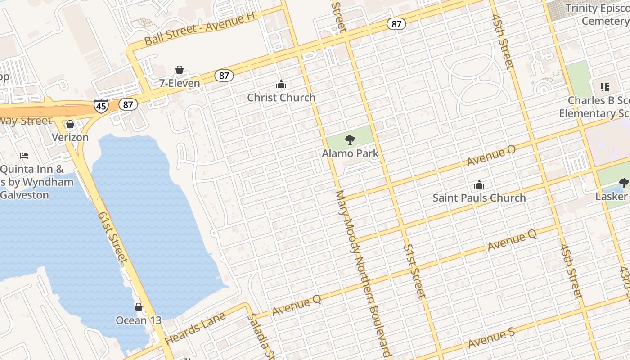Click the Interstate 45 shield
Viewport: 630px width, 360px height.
pyautogui.click(x=101, y=106)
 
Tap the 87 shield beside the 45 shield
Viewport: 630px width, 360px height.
pyautogui.click(x=128, y=105)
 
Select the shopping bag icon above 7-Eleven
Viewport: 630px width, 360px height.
pyautogui.click(x=180, y=70)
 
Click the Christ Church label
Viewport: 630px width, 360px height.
pyautogui.click(x=281, y=98)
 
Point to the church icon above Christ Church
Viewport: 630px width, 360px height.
pyautogui.click(x=281, y=84)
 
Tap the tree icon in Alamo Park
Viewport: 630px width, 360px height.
pyautogui.click(x=350, y=140)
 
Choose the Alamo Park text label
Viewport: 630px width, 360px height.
pyautogui.click(x=350, y=153)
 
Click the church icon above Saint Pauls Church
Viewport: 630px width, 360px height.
pyautogui.click(x=479, y=184)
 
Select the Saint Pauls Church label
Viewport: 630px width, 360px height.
pyautogui.click(x=479, y=198)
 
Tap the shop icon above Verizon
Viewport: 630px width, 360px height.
pyautogui.click(x=70, y=124)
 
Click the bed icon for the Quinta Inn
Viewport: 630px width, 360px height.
pyautogui.click(x=24, y=156)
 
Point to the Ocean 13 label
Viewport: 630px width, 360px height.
pyautogui.click(x=138, y=320)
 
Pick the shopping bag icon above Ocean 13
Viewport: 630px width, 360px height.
pyautogui.click(x=139, y=307)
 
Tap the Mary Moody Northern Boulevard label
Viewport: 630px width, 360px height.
pyautogui.click(x=362, y=274)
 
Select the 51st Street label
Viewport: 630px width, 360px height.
pyautogui.click(x=414, y=271)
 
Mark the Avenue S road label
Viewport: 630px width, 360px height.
pyautogui.click(x=491, y=338)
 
